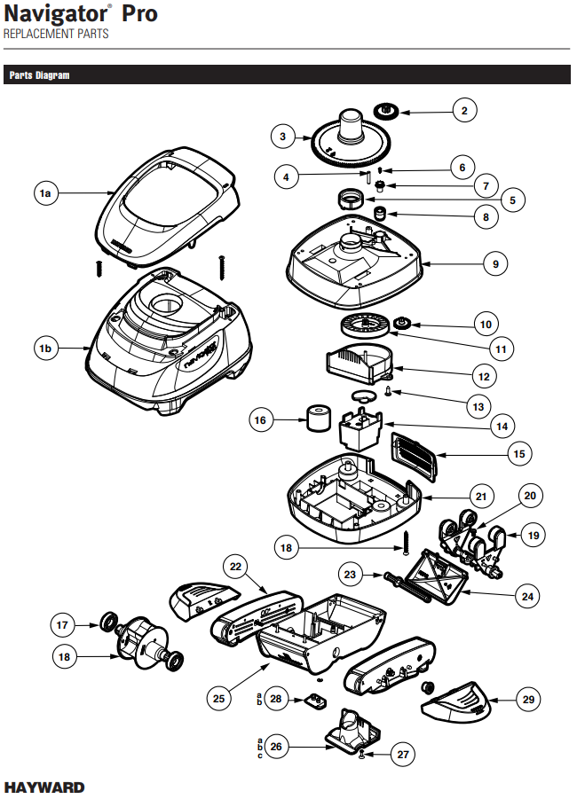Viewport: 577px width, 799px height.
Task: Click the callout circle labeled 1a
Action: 46,192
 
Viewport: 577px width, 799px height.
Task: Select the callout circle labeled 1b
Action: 46,349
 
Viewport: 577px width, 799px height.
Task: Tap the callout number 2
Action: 463,111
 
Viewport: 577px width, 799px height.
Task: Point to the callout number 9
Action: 495,263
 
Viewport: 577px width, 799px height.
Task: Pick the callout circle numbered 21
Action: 481,496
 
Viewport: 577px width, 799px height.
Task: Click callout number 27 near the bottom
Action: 404,755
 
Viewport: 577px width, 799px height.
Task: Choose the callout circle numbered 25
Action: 219,699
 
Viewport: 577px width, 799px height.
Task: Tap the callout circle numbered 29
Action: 529,700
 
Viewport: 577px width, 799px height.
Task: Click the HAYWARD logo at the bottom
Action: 45,787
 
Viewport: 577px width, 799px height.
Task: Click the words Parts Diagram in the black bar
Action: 39,75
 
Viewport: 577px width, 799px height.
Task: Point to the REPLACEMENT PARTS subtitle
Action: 56,34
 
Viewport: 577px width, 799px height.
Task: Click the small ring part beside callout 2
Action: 387,111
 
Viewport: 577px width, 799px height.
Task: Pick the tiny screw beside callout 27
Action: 364,755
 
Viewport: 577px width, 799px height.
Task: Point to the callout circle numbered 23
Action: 351,575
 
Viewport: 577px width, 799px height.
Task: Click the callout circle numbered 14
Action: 502,426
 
